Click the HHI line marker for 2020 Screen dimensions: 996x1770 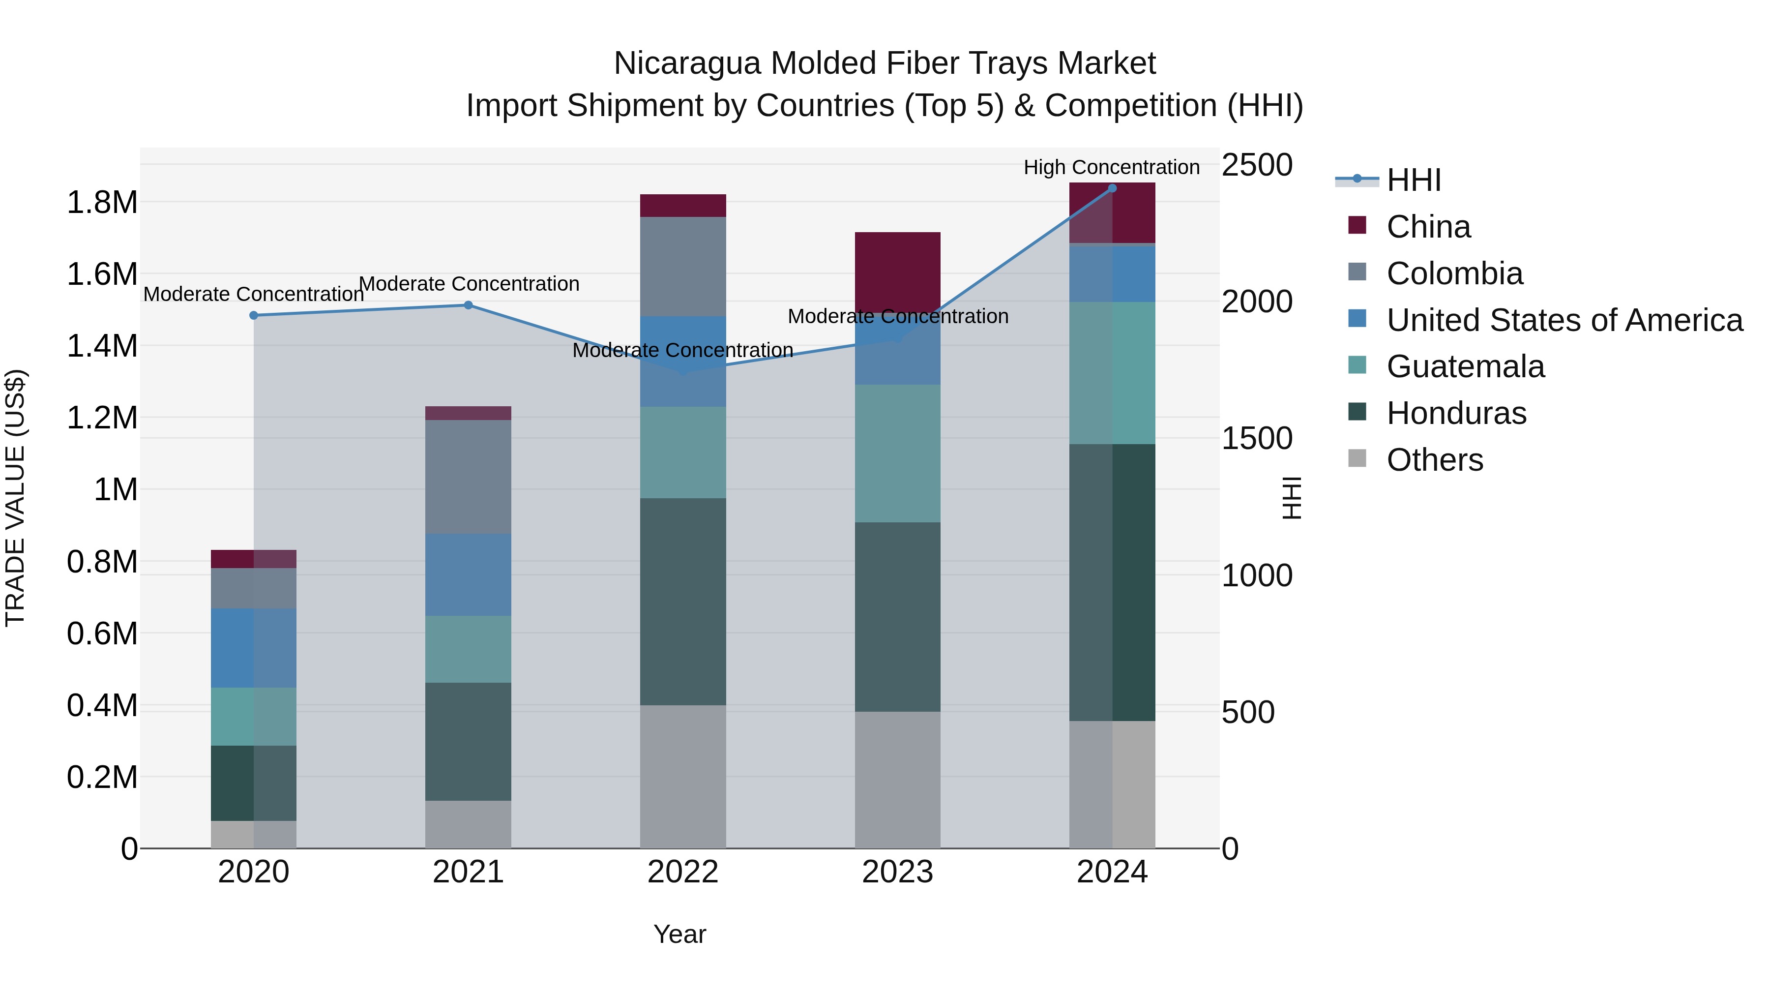click(x=254, y=315)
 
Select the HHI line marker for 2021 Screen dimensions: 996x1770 click(x=468, y=305)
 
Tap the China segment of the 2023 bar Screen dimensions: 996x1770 click(x=897, y=272)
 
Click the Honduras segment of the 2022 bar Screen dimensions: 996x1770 click(x=682, y=602)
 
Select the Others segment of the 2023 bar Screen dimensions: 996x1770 click(x=897, y=780)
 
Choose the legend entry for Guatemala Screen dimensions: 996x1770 click(x=1465, y=366)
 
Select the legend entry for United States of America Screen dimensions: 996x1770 click(x=1564, y=320)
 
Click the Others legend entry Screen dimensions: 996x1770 click(x=1434, y=460)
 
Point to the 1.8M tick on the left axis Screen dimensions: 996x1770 click(x=102, y=203)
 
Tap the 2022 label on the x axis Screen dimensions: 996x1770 click(x=682, y=872)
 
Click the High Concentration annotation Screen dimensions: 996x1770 click(x=1111, y=167)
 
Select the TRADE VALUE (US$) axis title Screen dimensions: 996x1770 click(x=15, y=498)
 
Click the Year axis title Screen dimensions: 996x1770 click(x=679, y=934)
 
